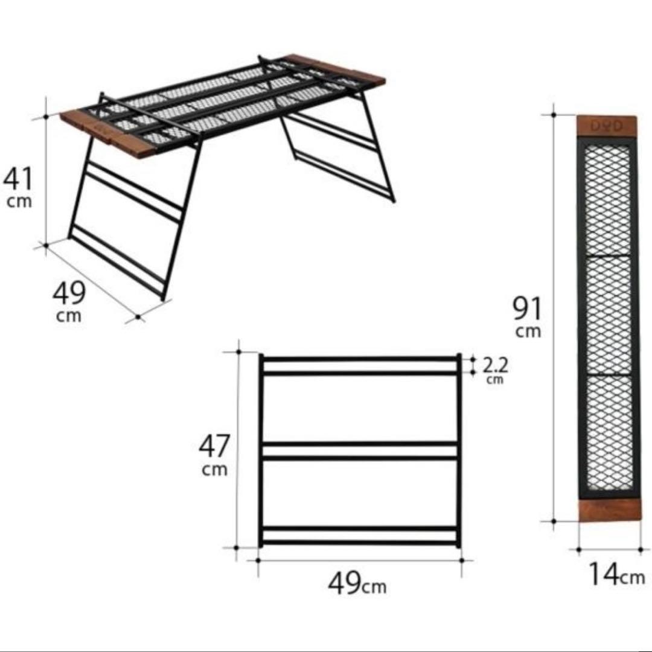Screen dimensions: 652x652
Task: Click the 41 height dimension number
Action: click(18, 178)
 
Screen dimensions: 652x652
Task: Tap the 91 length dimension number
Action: click(527, 308)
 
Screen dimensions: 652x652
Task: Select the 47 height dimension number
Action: click(214, 446)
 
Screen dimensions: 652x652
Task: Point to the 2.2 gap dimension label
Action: click(495, 365)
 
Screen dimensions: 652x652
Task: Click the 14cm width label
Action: click(616, 575)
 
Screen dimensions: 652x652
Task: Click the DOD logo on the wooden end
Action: click(606, 126)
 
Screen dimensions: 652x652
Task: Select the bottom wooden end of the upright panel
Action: click(610, 510)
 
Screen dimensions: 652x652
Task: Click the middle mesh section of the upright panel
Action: click(607, 316)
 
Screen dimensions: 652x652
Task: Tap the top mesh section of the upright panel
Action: click(607, 200)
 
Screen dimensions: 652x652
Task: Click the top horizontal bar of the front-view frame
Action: click(360, 359)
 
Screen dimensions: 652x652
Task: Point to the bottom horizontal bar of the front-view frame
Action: click(360, 543)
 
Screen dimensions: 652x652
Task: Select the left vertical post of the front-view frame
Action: click(261, 450)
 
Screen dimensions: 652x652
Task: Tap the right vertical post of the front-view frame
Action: click(459, 450)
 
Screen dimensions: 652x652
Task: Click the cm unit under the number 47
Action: click(214, 470)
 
